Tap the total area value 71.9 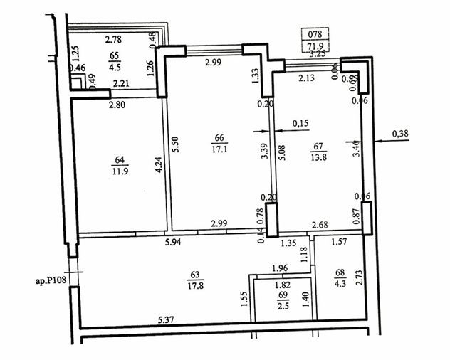click(314, 46)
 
